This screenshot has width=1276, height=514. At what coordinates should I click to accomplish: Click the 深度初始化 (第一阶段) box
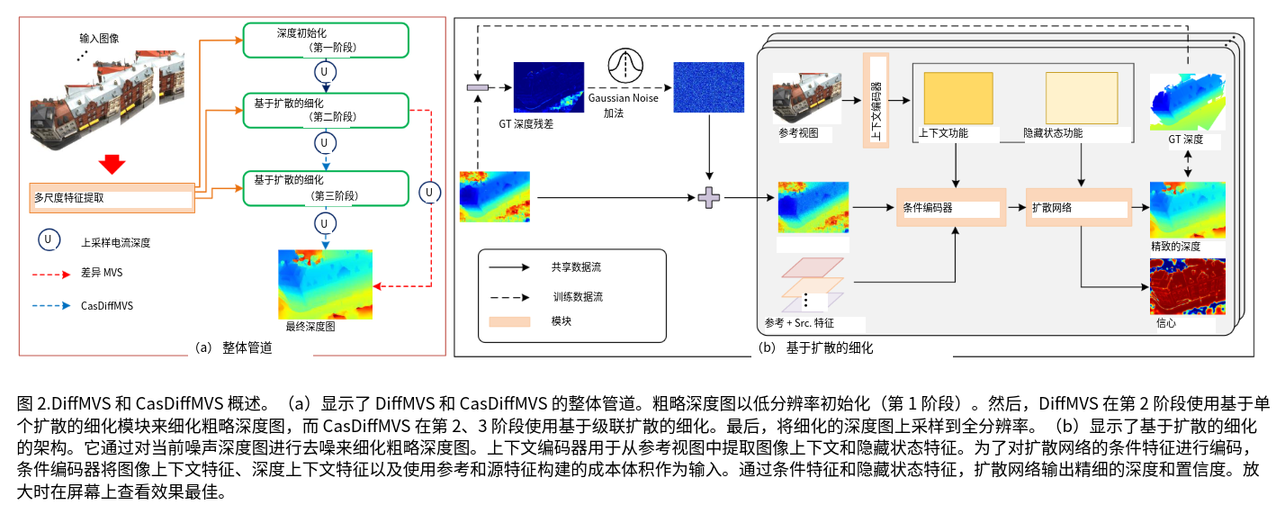pyautogui.click(x=326, y=40)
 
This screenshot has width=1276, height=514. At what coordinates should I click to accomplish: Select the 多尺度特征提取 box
pyautogui.click(x=112, y=197)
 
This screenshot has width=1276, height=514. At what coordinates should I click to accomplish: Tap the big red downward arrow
pyautogui.click(x=112, y=164)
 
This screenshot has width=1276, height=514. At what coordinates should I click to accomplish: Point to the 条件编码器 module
pyautogui.click(x=949, y=208)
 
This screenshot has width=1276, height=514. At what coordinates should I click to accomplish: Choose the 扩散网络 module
pyautogui.click(x=1078, y=208)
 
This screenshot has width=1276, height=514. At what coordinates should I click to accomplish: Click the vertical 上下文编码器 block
pyautogui.click(x=876, y=99)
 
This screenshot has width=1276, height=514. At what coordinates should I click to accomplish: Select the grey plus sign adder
pyautogui.click(x=710, y=198)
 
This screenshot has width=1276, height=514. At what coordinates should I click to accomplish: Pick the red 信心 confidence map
pyautogui.click(x=1187, y=286)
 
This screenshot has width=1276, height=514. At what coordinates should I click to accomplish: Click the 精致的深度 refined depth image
pyautogui.click(x=1187, y=211)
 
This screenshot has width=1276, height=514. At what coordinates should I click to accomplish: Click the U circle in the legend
pyautogui.click(x=49, y=239)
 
